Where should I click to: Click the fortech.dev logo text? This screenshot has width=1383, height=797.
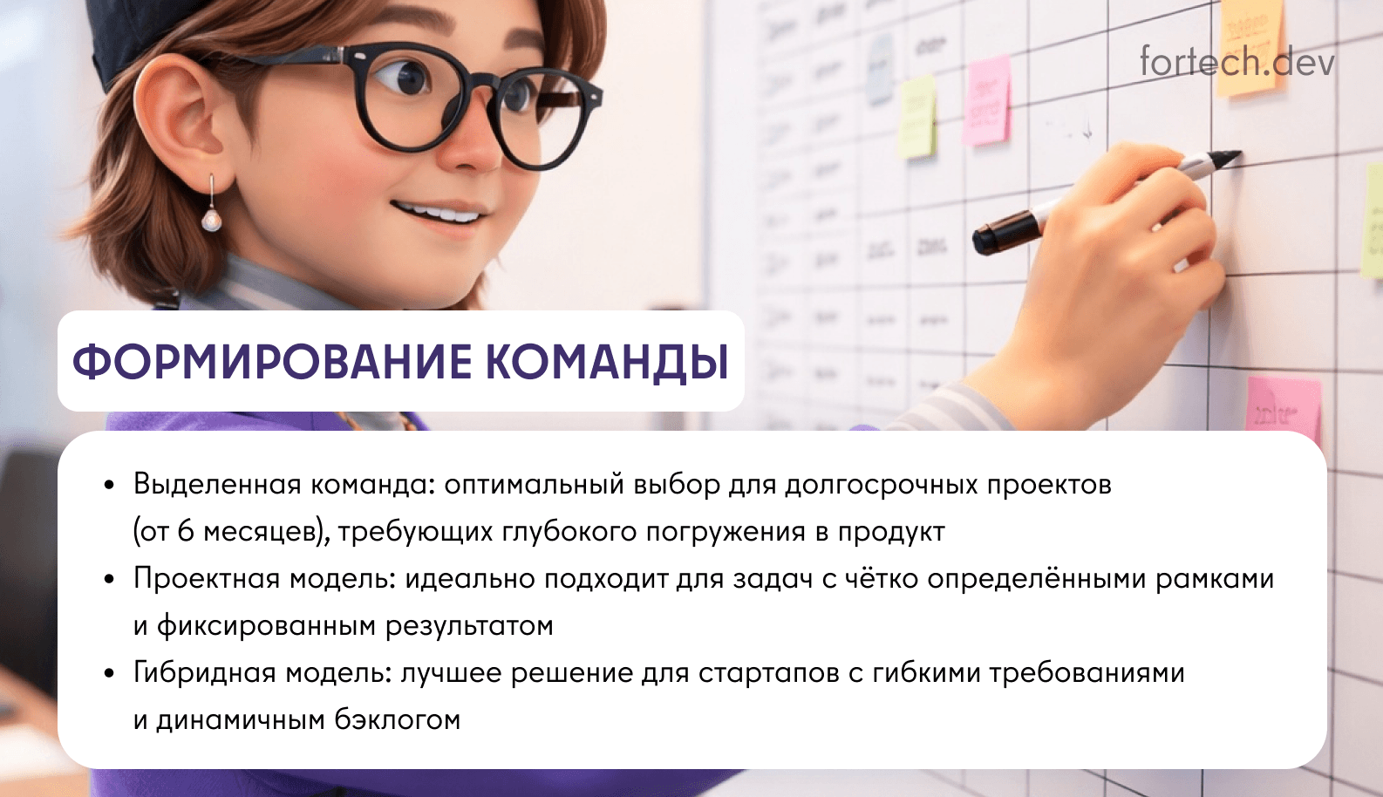[x=1237, y=62]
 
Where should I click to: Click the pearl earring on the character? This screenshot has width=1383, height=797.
[x=211, y=217]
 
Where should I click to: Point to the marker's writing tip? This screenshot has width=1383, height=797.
[x=1231, y=157]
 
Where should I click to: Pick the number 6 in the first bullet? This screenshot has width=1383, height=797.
[x=185, y=531]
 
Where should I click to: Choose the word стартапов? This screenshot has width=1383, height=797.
[x=768, y=673]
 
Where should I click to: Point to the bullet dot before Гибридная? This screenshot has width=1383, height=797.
[x=109, y=673]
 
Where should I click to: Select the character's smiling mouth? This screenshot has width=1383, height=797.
[x=439, y=213]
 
